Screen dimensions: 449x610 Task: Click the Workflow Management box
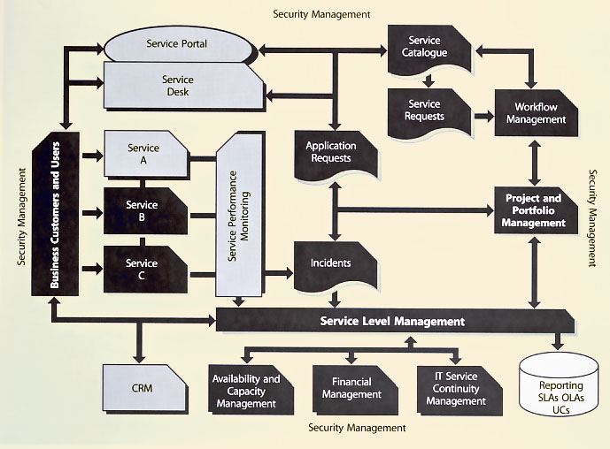point(534,113)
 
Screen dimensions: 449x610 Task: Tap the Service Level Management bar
point(392,321)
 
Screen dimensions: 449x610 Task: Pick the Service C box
point(144,268)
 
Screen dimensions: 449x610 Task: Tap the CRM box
point(144,387)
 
